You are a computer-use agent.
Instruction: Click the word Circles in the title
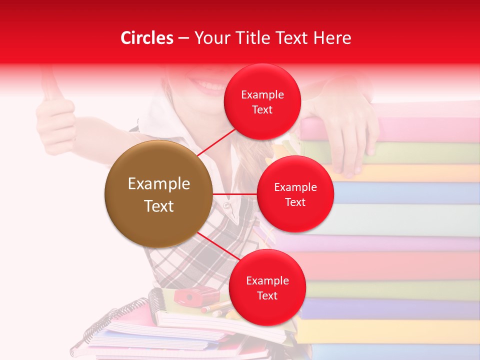[x=146, y=38]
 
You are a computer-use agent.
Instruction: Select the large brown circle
[x=158, y=194]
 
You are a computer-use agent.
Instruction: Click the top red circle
[x=262, y=101]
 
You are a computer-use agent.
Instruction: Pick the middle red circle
[x=295, y=194]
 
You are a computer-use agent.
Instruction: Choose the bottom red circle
[x=267, y=287]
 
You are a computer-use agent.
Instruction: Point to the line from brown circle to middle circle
[x=234, y=194]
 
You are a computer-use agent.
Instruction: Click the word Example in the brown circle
[x=158, y=184]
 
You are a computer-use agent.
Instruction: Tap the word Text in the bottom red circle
[x=267, y=295]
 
